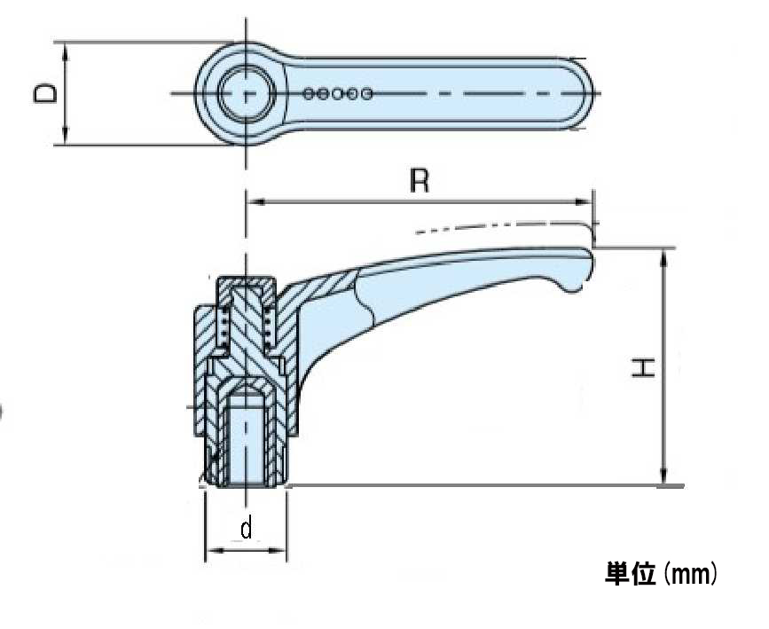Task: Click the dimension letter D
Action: tap(45, 93)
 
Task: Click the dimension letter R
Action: tap(420, 181)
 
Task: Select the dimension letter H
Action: tap(643, 367)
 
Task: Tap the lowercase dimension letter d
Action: tap(247, 528)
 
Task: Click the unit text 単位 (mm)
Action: tap(662, 573)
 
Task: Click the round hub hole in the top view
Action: tap(247, 93)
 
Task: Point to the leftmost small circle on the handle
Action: tap(308, 93)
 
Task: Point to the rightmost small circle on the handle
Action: tap(366, 93)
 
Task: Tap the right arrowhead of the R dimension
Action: tap(583, 201)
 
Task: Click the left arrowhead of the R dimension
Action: tap(255, 201)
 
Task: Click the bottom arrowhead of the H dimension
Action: tap(664, 476)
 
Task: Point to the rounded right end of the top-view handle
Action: tap(586, 93)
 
